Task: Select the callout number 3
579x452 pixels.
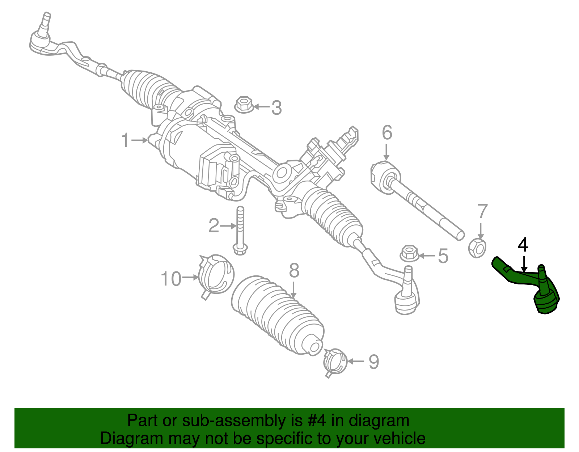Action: (276, 108)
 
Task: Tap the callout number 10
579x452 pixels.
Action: (171, 279)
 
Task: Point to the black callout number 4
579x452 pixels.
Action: (523, 245)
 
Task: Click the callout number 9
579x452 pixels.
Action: (373, 362)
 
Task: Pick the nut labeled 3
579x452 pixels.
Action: (244, 105)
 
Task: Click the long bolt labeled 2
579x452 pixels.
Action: (240, 231)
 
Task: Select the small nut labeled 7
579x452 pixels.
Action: (477, 248)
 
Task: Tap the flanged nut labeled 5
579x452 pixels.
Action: (410, 254)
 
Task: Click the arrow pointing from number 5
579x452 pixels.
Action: (427, 256)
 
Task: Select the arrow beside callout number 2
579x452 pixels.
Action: (228, 226)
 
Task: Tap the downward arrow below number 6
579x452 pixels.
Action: (386, 152)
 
